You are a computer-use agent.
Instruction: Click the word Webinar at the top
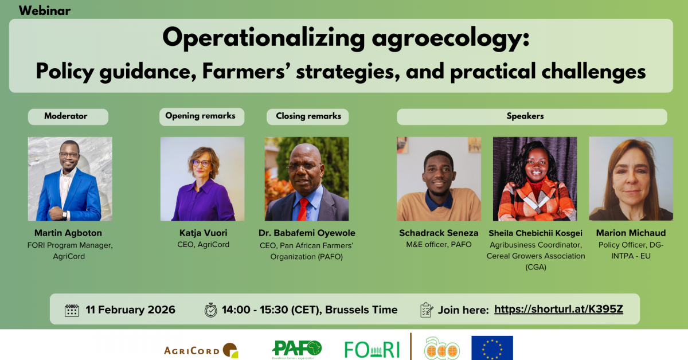45,11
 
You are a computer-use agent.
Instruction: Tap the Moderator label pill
68,117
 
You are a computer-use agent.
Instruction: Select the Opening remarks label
202,117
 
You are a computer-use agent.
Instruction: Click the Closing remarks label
307,117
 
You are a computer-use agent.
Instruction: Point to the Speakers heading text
525,116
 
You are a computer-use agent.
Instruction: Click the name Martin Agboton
68,233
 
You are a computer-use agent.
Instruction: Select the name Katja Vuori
204,233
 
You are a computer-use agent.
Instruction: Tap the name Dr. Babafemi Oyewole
307,233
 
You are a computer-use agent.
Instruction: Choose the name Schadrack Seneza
439,233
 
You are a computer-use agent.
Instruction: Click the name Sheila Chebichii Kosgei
535,233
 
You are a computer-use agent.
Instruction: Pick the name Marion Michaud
631,233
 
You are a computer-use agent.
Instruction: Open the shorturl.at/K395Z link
558,309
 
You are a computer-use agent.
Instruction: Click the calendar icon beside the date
72,310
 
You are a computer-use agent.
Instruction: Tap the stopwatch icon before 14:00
211,310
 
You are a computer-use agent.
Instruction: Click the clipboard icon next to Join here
427,310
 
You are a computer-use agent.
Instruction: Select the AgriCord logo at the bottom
201,350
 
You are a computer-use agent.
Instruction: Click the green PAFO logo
297,350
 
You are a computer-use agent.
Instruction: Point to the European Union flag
492,348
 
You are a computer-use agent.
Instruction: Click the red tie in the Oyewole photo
303,209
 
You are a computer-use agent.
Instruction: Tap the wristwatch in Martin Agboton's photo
64,214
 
